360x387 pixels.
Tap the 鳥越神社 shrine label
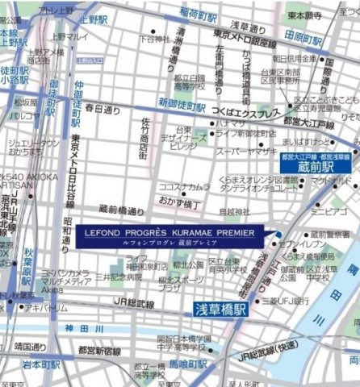(x=223, y=212)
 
